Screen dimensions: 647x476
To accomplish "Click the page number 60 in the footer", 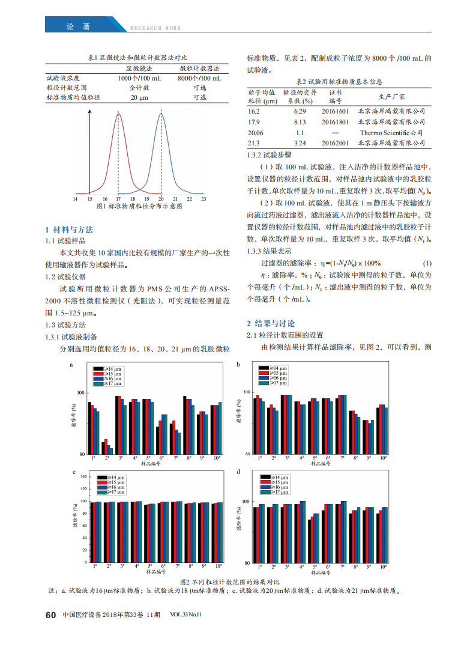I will coord(50,615).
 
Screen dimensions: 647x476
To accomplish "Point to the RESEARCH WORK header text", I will coord(155,28).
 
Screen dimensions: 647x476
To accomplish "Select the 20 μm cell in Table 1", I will coord(139,97).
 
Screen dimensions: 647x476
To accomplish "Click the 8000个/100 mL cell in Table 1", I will coord(199,78).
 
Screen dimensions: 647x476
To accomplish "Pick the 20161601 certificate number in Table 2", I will coord(335,112).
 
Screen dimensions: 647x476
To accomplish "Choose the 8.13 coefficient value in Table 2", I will coord(300,122).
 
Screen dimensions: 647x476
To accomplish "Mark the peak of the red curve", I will coord(118,112).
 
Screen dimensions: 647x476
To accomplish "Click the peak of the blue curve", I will coord(161,112).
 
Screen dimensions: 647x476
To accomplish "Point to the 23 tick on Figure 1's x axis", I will coord(203,198).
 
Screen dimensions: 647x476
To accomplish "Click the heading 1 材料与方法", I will coord(70,230).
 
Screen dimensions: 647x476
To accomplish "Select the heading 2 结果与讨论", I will coord(271,323).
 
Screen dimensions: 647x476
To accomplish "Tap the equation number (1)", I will coord(427,264).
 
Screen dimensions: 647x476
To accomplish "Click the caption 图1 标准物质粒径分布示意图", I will coord(139,206).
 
